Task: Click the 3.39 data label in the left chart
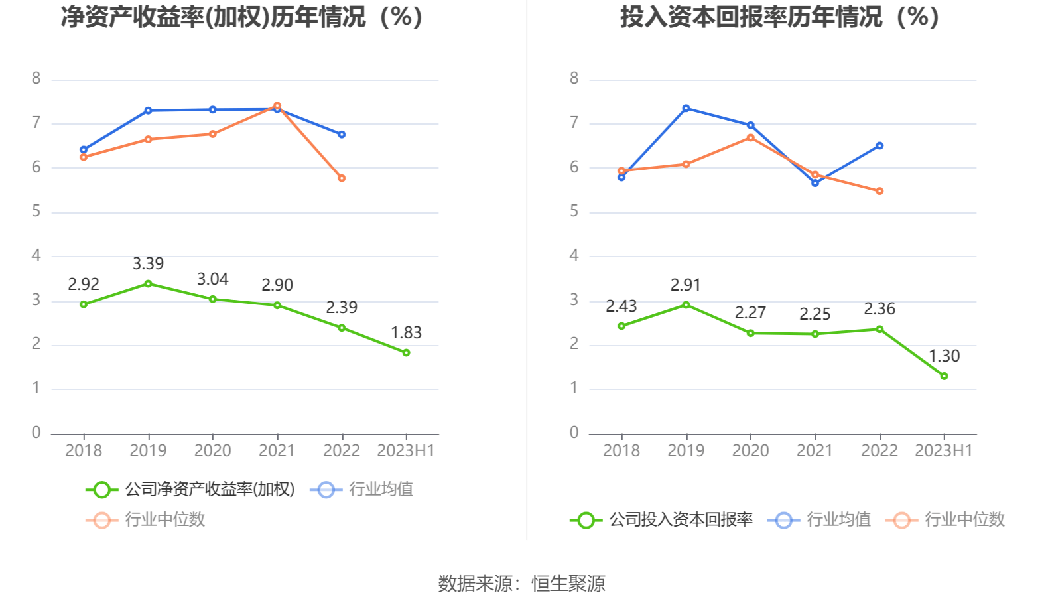coord(148,264)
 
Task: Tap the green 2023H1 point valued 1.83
coord(406,353)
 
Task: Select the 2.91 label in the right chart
coord(685,285)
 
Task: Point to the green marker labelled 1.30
coord(944,376)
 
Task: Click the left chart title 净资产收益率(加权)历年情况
coord(242,17)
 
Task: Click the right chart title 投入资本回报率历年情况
coord(780,17)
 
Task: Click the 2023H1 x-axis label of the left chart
coord(405,451)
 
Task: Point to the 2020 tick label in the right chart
coord(750,451)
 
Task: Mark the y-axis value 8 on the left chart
coord(36,78)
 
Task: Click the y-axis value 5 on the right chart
coord(574,212)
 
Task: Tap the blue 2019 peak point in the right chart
coord(686,108)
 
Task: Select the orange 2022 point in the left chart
coord(342,178)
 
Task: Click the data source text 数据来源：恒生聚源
coord(522,584)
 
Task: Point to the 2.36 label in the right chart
coord(879,309)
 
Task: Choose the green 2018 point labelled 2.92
coord(84,304)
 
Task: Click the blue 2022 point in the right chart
coord(880,145)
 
